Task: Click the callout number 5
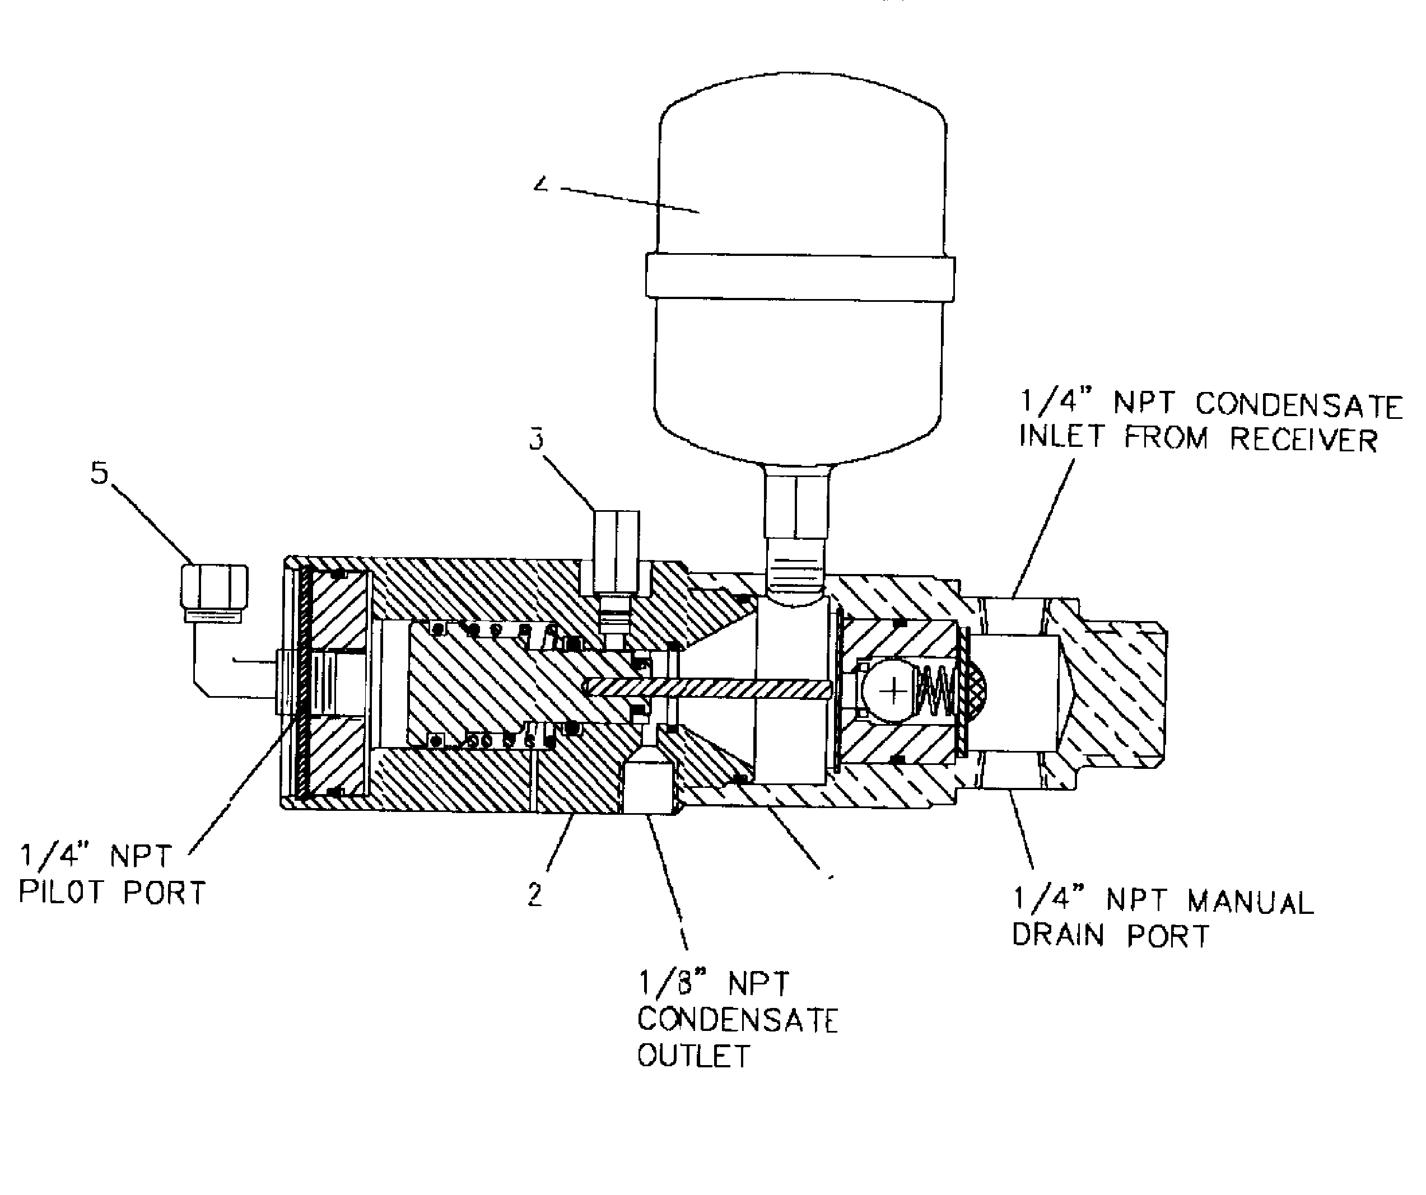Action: point(100,473)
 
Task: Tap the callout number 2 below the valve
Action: point(535,895)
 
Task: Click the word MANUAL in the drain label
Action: point(1250,902)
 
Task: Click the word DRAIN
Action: point(1058,936)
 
